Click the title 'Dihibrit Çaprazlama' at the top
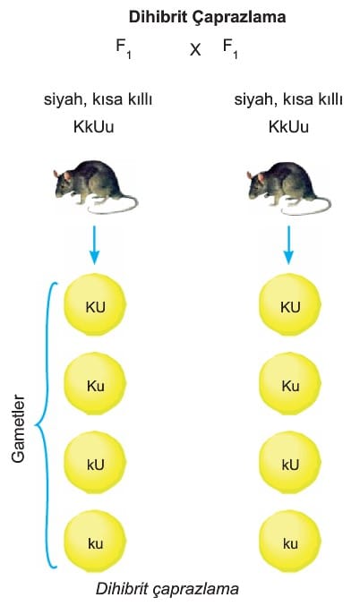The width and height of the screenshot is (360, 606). pos(207,17)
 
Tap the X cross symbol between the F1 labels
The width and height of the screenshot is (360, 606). pos(195,49)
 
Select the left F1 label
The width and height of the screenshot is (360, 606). pos(124,49)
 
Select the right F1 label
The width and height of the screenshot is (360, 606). pos(230,49)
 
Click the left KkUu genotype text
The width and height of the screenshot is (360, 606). pos(93,127)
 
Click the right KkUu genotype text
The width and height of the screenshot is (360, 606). pos(288,127)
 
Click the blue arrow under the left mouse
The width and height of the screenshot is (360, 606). pos(94,245)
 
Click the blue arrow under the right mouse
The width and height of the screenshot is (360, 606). pos(288,245)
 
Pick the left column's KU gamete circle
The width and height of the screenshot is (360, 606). pos(95,305)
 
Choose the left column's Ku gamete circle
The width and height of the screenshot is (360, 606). pos(95,384)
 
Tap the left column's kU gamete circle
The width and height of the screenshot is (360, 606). pos(95,463)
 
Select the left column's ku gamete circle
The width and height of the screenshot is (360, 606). pos(95,542)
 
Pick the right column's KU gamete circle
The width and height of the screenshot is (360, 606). pos(290,305)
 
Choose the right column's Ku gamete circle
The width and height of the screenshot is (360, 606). pos(290,384)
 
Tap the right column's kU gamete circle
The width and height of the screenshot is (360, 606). pos(290,463)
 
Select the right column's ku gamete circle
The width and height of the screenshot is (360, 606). pos(290,542)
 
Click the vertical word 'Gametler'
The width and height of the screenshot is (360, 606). pos(18,428)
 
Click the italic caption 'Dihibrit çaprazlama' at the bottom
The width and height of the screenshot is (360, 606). pos(167,589)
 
